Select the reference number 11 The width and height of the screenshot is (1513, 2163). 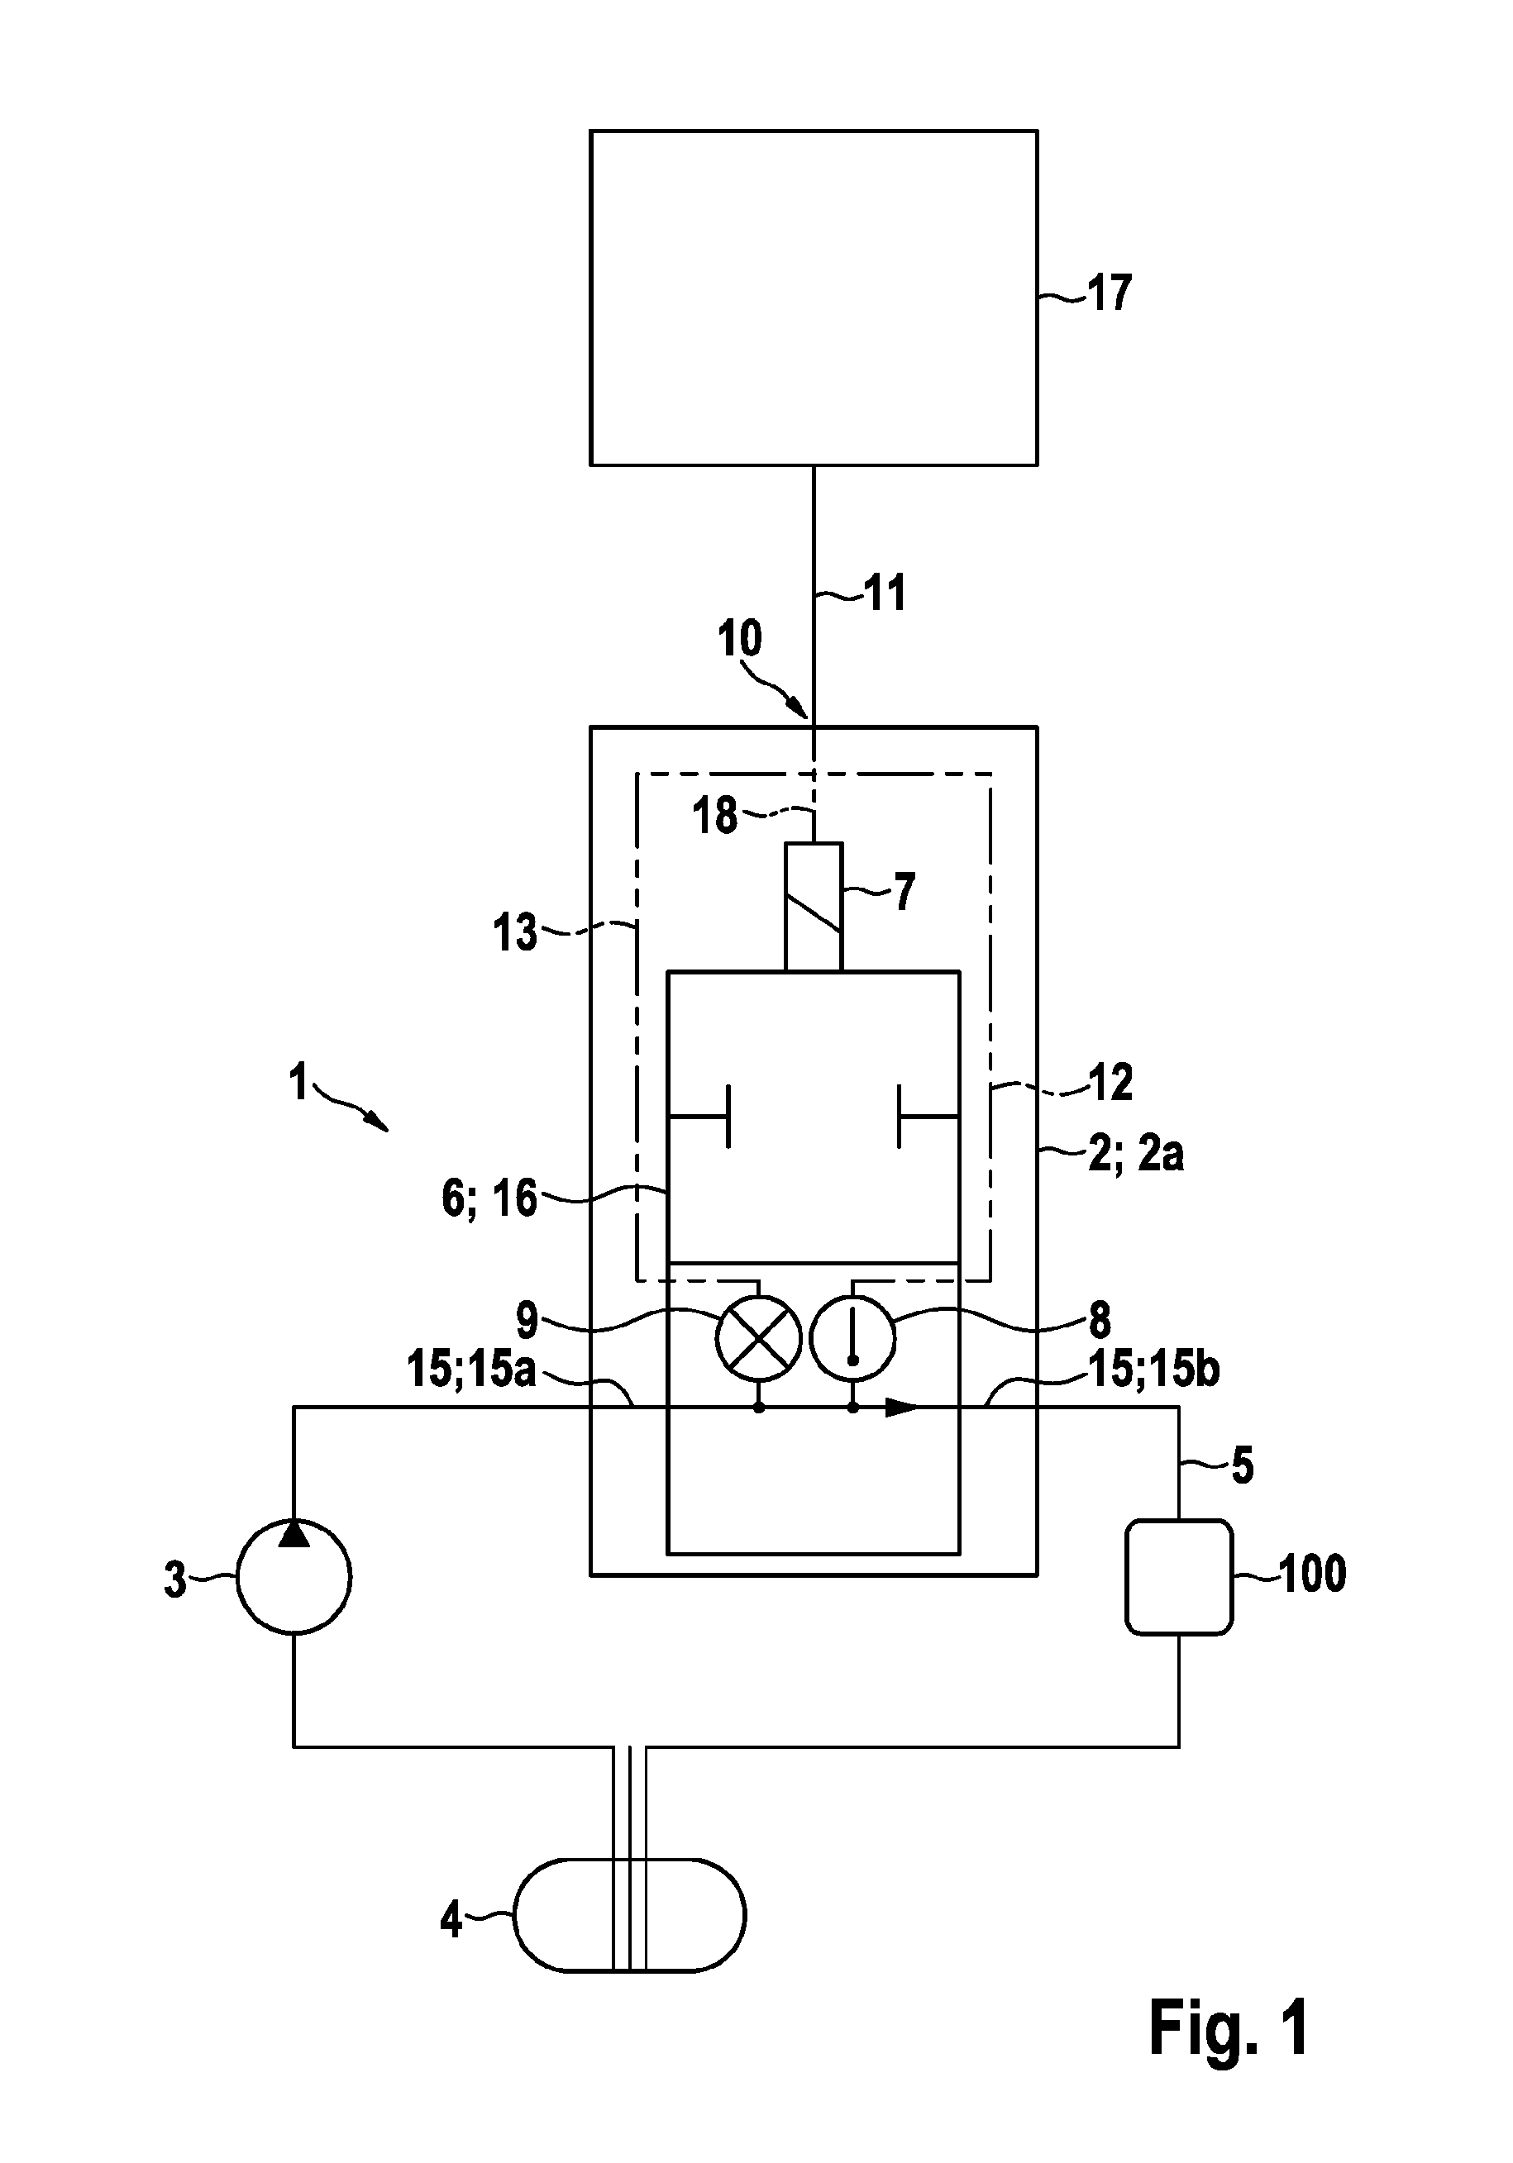tap(884, 593)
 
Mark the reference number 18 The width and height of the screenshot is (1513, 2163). tap(715, 816)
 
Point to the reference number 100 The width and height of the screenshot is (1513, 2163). tap(1311, 1575)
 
